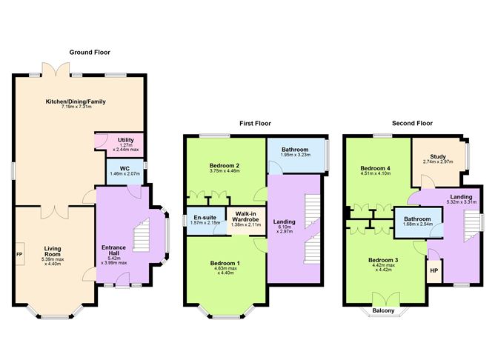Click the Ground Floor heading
(x=90, y=53)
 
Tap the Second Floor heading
(x=412, y=123)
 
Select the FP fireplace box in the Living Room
(x=20, y=254)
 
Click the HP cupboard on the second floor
(x=434, y=270)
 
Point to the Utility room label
(x=126, y=140)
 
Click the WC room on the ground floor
(x=124, y=171)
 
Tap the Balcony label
(x=383, y=310)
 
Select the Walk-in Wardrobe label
(x=245, y=216)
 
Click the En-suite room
(x=205, y=220)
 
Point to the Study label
(x=438, y=156)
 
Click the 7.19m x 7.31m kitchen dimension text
(x=77, y=107)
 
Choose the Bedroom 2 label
(x=224, y=166)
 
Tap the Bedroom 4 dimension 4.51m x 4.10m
(x=376, y=173)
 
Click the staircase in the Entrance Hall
(x=141, y=235)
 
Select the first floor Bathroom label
(x=295, y=150)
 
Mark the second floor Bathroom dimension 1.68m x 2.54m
(x=417, y=224)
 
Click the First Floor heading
(x=255, y=124)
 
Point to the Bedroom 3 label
(x=383, y=260)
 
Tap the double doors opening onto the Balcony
(x=386, y=300)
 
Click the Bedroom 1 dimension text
(x=226, y=270)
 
